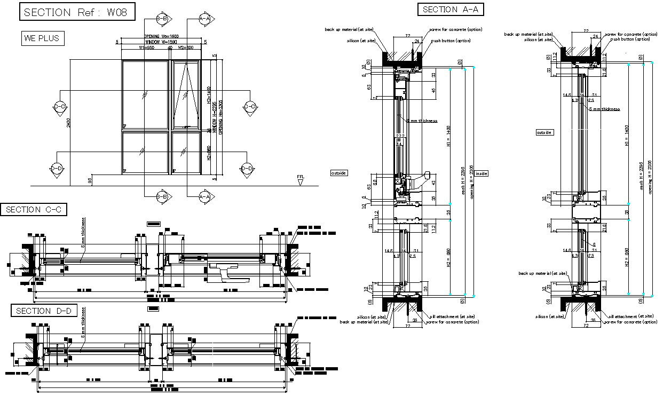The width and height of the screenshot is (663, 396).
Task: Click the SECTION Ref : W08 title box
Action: click(x=76, y=12)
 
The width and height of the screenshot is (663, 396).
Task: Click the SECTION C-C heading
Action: click(x=34, y=210)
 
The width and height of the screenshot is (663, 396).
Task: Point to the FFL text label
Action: click(x=301, y=176)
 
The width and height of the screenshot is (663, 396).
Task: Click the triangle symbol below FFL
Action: click(x=301, y=183)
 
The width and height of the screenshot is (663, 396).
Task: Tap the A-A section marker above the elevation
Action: click(x=206, y=19)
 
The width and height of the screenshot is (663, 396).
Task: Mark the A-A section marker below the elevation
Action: click(x=206, y=197)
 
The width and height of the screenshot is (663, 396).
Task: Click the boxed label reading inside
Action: click(x=482, y=173)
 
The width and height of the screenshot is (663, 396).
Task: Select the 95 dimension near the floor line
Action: click(x=90, y=181)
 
